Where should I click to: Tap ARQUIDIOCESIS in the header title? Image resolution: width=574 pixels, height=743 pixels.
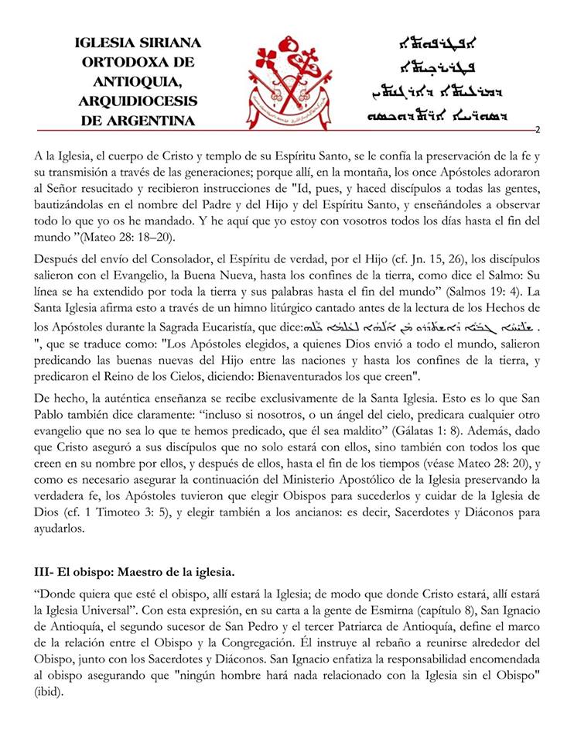click(137, 101)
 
